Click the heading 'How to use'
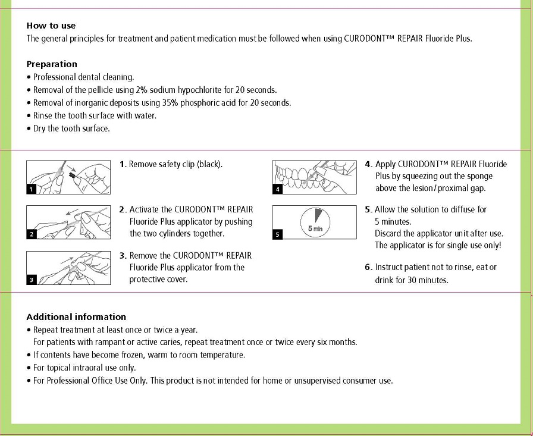tap(51, 26)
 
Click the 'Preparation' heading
tap(52, 64)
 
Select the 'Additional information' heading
tap(76, 317)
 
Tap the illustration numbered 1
tap(68, 177)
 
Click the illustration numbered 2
tap(68, 222)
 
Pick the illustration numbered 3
tap(68, 268)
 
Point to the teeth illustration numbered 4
tap(315, 177)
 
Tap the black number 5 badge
tap(277, 234)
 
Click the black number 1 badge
tap(32, 189)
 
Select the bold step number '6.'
tap(369, 268)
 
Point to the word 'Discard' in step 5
tap(390, 233)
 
